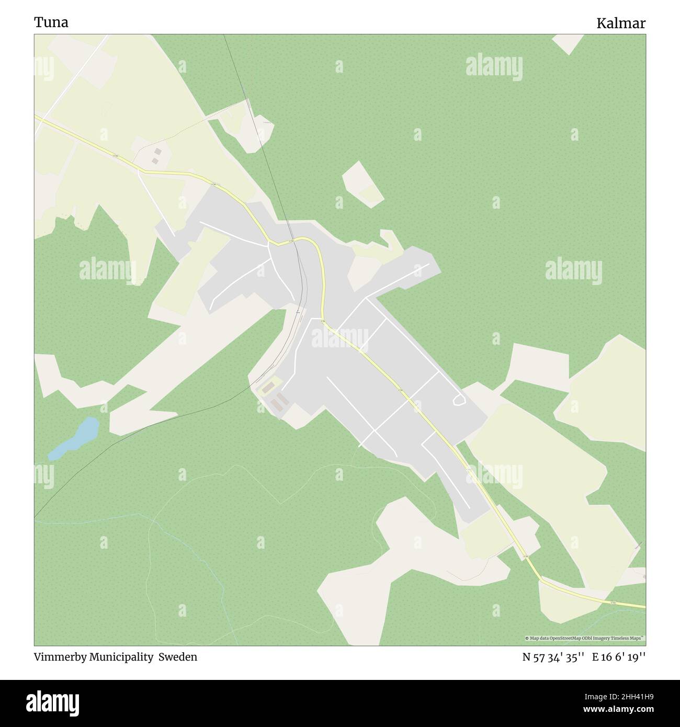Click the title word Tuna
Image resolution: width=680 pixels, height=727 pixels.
[x=51, y=22]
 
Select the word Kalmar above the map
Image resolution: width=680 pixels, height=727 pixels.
[x=621, y=23]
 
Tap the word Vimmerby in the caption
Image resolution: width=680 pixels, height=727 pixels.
[x=61, y=657]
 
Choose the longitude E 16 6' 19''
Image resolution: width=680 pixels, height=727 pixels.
[x=619, y=657]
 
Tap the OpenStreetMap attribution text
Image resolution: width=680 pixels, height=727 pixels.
[x=585, y=638]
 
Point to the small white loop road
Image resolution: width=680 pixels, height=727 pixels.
[x=459, y=400]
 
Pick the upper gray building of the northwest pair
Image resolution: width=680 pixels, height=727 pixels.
[x=158, y=151]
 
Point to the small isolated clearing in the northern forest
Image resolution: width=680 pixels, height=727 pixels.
[x=362, y=184]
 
